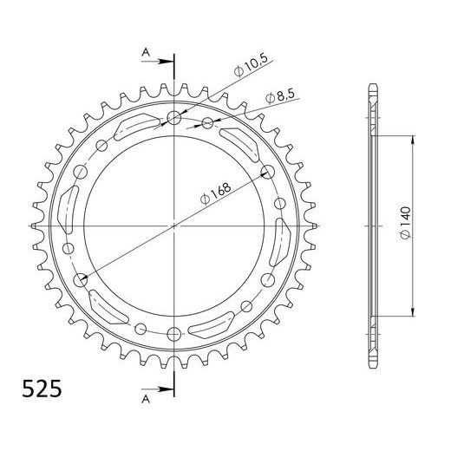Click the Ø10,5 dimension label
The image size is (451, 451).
[x=250, y=67]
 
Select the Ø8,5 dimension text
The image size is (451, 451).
[x=280, y=96]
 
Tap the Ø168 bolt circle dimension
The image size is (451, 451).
[x=216, y=193]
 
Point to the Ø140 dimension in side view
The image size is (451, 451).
[x=405, y=223]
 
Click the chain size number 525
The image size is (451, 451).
[x=42, y=389]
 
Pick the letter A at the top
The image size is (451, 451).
[x=146, y=52]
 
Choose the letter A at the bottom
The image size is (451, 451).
[x=146, y=399]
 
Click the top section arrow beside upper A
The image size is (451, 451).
[x=157, y=62]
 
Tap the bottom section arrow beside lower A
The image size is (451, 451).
[x=157, y=389]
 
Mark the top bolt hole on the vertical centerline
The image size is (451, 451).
[x=174, y=117]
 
